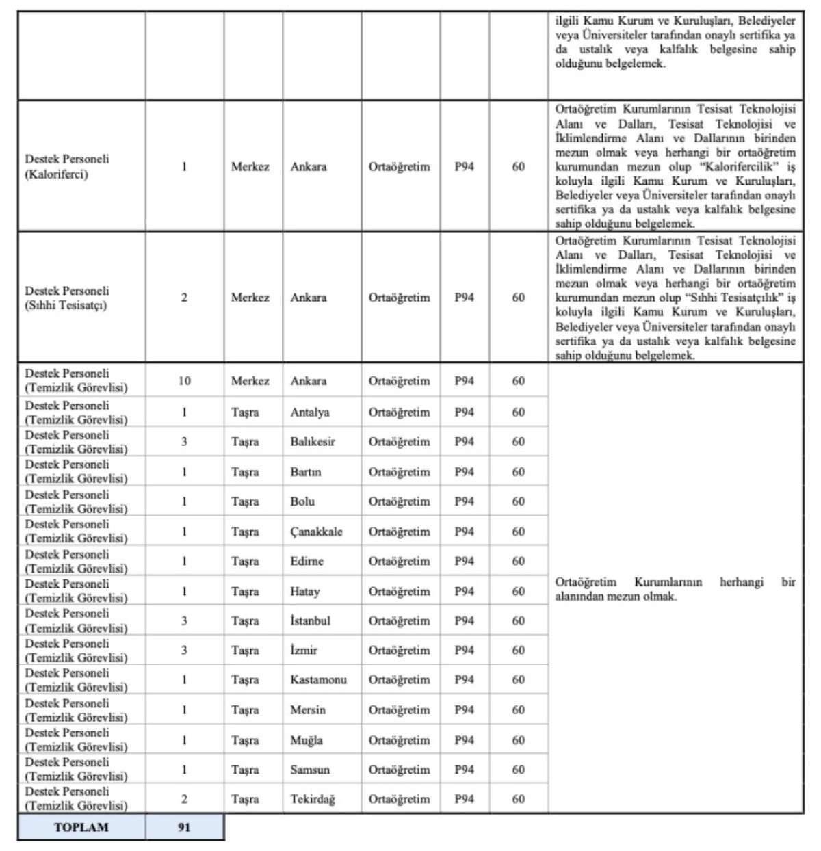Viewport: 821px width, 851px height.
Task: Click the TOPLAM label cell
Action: pyautogui.click(x=81, y=827)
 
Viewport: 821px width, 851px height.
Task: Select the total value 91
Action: pyautogui.click(x=184, y=827)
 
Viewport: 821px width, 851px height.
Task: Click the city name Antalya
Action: pyautogui.click(x=309, y=413)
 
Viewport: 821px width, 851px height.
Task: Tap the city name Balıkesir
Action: pyautogui.click(x=313, y=442)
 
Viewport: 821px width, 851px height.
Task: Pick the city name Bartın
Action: pyautogui.click(x=305, y=472)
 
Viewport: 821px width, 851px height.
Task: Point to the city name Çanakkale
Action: pyautogui.click(x=316, y=532)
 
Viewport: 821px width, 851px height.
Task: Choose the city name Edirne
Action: pyautogui.click(x=307, y=561)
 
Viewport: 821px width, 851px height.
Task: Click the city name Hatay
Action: pyautogui.click(x=304, y=591)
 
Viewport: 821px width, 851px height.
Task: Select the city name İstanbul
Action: pyautogui.click(x=310, y=620)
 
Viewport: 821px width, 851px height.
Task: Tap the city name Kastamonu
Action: pyautogui.click(x=318, y=680)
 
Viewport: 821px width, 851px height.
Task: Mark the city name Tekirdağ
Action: pyautogui.click(x=313, y=799)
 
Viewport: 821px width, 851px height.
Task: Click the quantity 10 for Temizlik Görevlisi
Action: pyautogui.click(x=184, y=381)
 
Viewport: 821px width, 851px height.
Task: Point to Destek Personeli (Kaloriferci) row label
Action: pyautogui.click(x=67, y=166)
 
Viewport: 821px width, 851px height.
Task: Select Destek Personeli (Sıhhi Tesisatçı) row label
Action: pyautogui.click(x=67, y=298)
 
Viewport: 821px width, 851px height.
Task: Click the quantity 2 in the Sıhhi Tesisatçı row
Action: pyautogui.click(x=184, y=298)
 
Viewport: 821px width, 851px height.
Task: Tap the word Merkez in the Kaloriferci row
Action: pyautogui.click(x=250, y=166)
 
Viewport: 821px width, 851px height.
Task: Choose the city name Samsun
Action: pyautogui.click(x=309, y=770)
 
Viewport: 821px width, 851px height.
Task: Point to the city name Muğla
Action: pyautogui.click(x=306, y=740)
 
